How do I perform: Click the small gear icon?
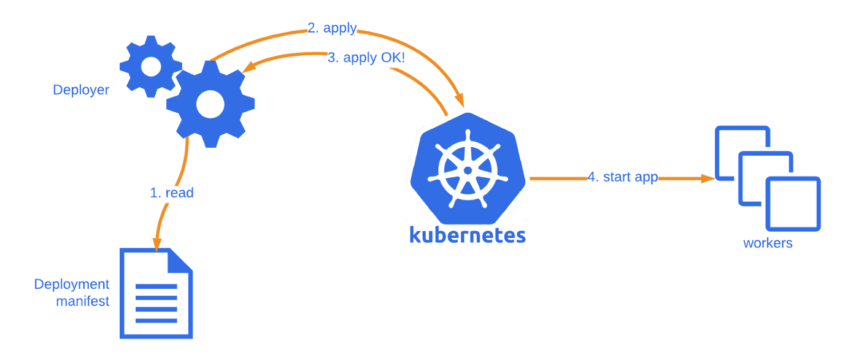[x=150, y=66]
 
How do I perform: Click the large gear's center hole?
[x=210, y=104]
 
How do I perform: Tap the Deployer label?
[x=81, y=90]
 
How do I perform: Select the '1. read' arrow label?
[x=172, y=193]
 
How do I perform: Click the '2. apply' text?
[x=332, y=28]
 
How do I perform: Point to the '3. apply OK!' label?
[x=366, y=58]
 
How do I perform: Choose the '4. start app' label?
[x=622, y=177]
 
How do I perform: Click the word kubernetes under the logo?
[x=467, y=236]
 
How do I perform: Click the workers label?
[x=768, y=243]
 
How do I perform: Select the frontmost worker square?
[x=793, y=204]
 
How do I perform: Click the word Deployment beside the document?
[x=72, y=285]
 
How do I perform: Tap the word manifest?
[x=83, y=301]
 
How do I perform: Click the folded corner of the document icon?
[x=182, y=261]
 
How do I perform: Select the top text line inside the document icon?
[x=156, y=286]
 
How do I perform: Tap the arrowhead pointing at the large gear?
[x=247, y=68]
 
